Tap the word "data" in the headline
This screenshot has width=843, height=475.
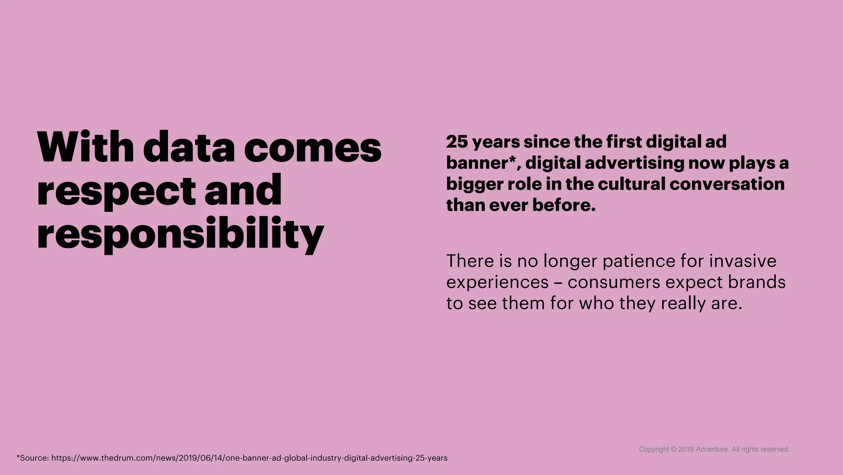click(189, 147)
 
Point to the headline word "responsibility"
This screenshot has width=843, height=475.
click(180, 234)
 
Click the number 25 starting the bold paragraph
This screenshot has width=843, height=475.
click(457, 142)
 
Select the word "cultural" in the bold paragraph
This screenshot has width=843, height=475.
click(631, 184)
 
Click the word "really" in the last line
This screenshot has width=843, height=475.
click(683, 304)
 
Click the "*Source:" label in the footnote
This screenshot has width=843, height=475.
click(33, 458)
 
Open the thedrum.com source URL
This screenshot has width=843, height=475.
click(249, 458)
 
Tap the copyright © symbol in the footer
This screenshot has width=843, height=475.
click(673, 449)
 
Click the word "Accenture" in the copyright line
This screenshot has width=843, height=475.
click(712, 449)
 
